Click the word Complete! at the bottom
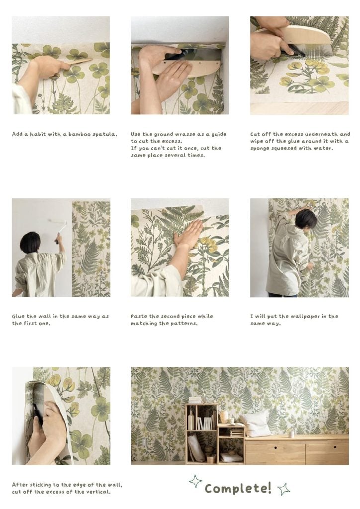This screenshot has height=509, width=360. pyautogui.click(x=238, y=488)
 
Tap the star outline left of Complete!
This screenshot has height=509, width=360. pyautogui.click(x=195, y=481)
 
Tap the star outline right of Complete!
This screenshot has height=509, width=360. pyautogui.click(x=283, y=489)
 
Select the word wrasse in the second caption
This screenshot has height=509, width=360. pyautogui.click(x=185, y=134)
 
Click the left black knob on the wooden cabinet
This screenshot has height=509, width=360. pyautogui.click(x=275, y=447)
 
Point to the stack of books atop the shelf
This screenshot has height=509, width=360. pyautogui.click(x=195, y=400)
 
